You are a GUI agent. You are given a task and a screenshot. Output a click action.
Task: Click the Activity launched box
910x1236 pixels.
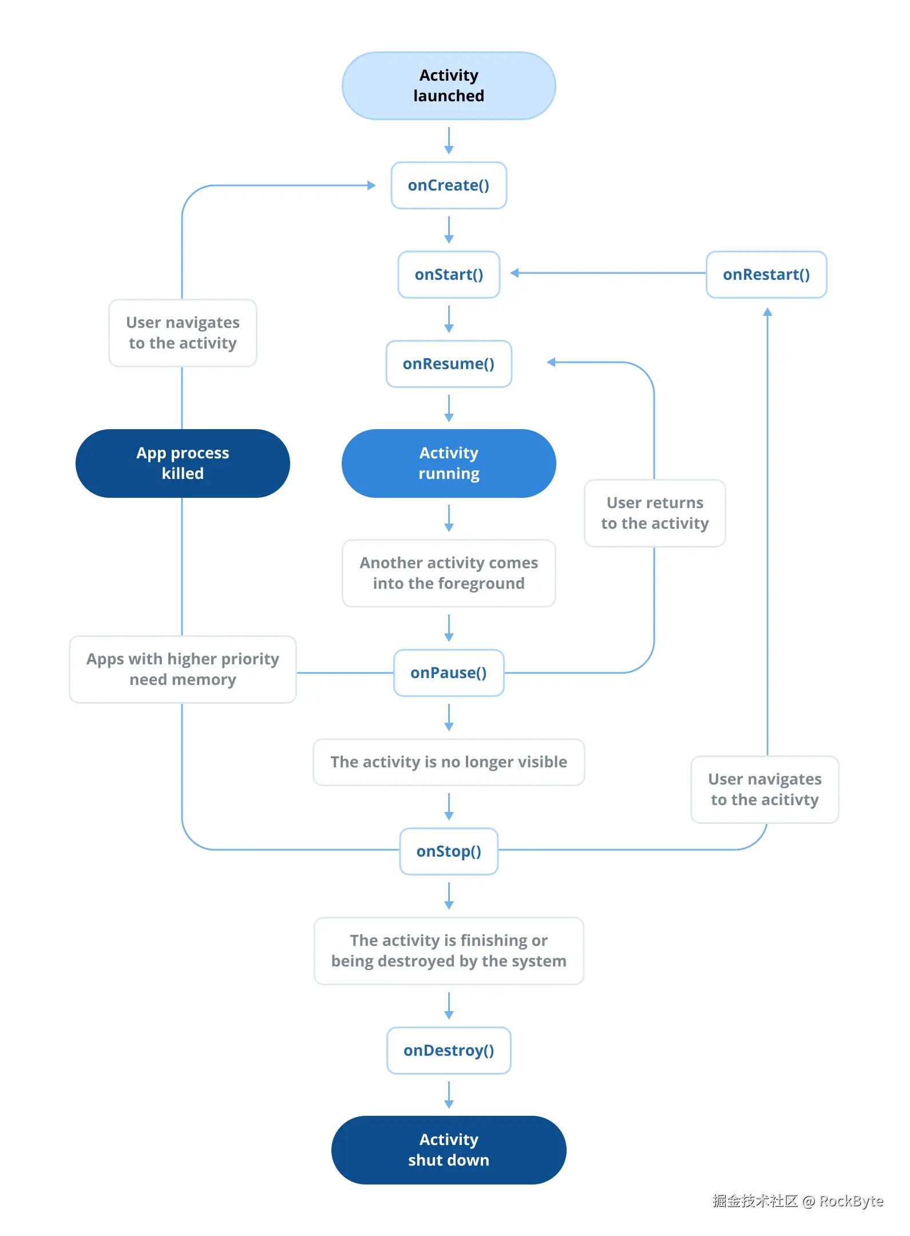449,86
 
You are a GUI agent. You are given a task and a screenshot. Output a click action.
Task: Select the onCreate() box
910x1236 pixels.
449,185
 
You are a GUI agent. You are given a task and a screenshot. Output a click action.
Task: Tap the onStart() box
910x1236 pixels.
449,275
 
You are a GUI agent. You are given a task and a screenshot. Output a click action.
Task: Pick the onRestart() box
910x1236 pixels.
766,275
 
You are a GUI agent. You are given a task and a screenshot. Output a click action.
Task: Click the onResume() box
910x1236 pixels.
449,364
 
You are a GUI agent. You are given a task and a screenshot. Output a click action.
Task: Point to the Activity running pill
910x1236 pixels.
449,463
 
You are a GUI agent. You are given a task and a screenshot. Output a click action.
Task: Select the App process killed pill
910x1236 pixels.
183,463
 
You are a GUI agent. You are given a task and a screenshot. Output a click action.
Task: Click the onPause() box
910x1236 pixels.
449,673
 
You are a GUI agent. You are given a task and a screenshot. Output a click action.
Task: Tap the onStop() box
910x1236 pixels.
449,851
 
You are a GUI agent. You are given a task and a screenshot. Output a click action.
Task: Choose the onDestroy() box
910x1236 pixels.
449,1051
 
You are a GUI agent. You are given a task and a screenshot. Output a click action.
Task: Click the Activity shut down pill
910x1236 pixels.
449,1150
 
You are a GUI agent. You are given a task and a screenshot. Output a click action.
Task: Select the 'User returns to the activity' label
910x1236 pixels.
655,513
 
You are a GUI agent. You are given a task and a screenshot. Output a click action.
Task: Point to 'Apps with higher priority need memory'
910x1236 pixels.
183,669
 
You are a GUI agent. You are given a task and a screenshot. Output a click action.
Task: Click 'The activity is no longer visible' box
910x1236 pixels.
449,762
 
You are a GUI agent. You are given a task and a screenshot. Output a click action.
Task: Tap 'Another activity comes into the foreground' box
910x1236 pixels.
449,573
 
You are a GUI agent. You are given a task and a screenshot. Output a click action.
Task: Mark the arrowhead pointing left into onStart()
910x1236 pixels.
515,273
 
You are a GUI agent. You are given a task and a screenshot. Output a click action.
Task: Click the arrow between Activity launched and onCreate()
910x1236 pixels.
449,141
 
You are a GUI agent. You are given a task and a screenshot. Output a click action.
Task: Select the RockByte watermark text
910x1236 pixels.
850,1201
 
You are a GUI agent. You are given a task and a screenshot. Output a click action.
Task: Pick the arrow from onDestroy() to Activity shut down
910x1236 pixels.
449,1095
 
